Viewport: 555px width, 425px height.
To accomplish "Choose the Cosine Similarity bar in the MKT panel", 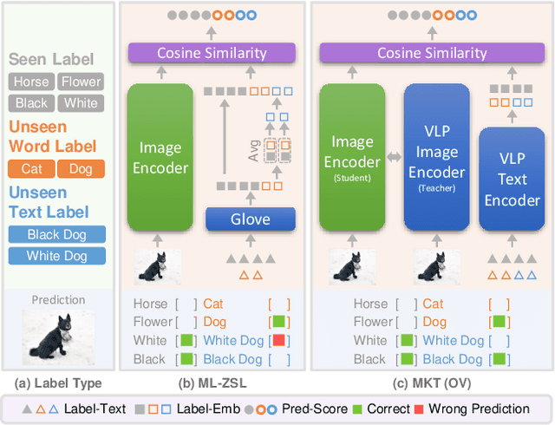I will (x=432, y=54).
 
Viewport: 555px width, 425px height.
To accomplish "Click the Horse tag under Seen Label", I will (x=30, y=82).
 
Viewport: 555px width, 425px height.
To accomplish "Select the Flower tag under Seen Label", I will (x=80, y=82).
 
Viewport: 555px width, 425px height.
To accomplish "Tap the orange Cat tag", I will (x=31, y=169).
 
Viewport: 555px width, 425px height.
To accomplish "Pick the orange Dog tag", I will (x=81, y=169).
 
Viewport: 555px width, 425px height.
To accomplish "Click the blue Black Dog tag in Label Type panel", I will (x=56, y=234).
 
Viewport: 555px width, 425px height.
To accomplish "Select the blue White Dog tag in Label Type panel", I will (x=56, y=256).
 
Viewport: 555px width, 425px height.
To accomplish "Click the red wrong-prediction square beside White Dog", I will (x=279, y=341).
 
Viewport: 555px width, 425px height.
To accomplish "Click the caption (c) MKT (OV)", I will (x=431, y=382).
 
